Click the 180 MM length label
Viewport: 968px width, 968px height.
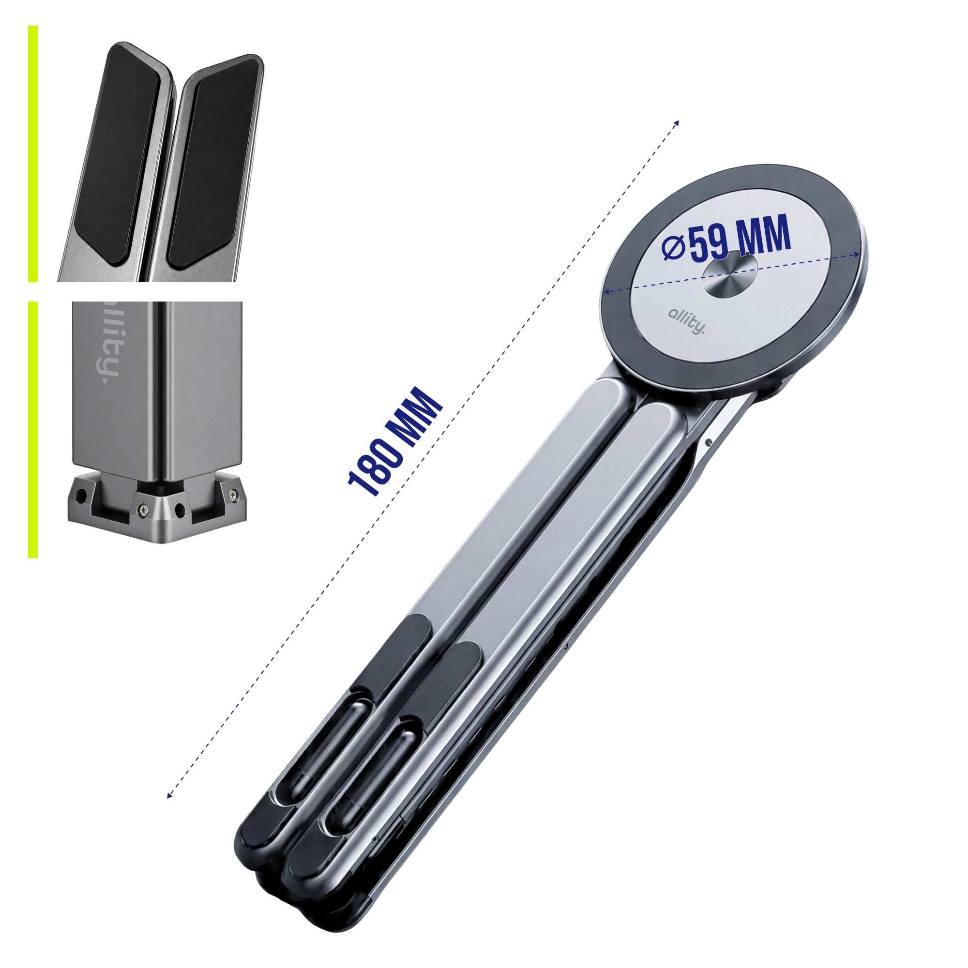pyautogui.click(x=395, y=441)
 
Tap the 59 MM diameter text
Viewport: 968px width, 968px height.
pyautogui.click(x=740, y=239)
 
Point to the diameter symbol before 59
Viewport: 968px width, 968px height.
pyautogui.click(x=673, y=248)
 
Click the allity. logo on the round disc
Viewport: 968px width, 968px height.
pyautogui.click(x=686, y=321)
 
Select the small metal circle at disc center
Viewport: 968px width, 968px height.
pyautogui.click(x=730, y=273)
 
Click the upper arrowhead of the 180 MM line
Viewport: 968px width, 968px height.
pyautogui.click(x=677, y=123)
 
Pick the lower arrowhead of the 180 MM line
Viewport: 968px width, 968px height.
pyautogui.click(x=169, y=795)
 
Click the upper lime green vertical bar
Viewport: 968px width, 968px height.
pyautogui.click(x=33, y=154)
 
